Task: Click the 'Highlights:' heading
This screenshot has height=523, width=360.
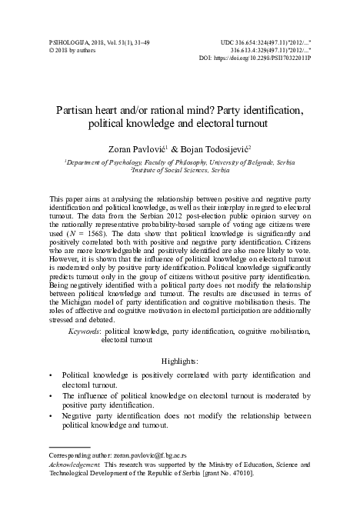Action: tap(180, 381)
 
